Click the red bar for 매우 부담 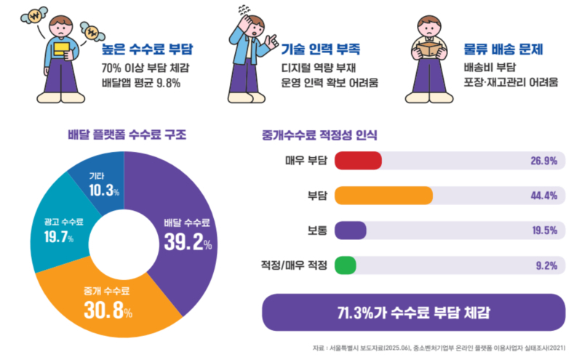pyautogui.click(x=358, y=160)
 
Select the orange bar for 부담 pyautogui.click(x=383, y=196)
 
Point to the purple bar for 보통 pyautogui.click(x=350, y=231)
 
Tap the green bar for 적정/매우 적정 pyautogui.click(x=346, y=265)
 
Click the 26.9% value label pyautogui.click(x=543, y=161)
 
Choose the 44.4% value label pyautogui.click(x=543, y=196)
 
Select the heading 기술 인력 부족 pyautogui.click(x=321, y=50)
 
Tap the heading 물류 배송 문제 pyautogui.click(x=503, y=50)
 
